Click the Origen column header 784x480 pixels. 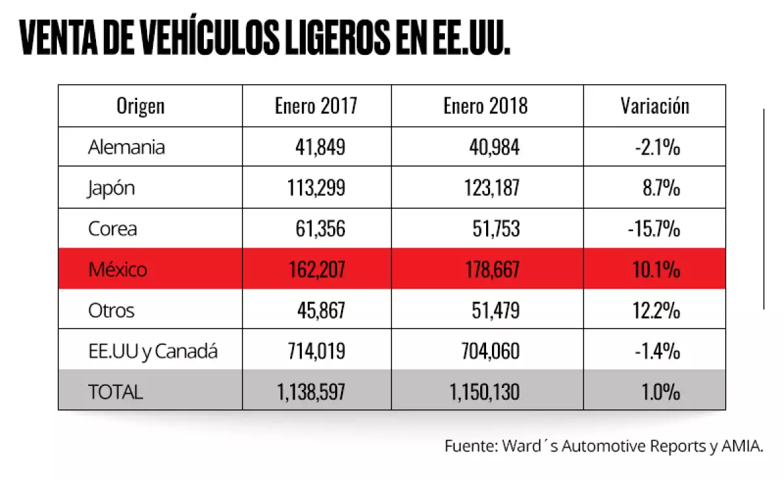(140, 106)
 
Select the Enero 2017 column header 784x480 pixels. (316, 106)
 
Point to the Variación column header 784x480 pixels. (655, 106)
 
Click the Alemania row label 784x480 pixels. (126, 147)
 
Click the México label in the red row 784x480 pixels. (118, 268)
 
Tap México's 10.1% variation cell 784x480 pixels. (658, 268)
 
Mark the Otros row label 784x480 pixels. (111, 310)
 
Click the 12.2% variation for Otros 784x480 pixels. (658, 310)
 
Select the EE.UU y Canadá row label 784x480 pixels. (152, 351)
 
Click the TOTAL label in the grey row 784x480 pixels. (115, 392)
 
